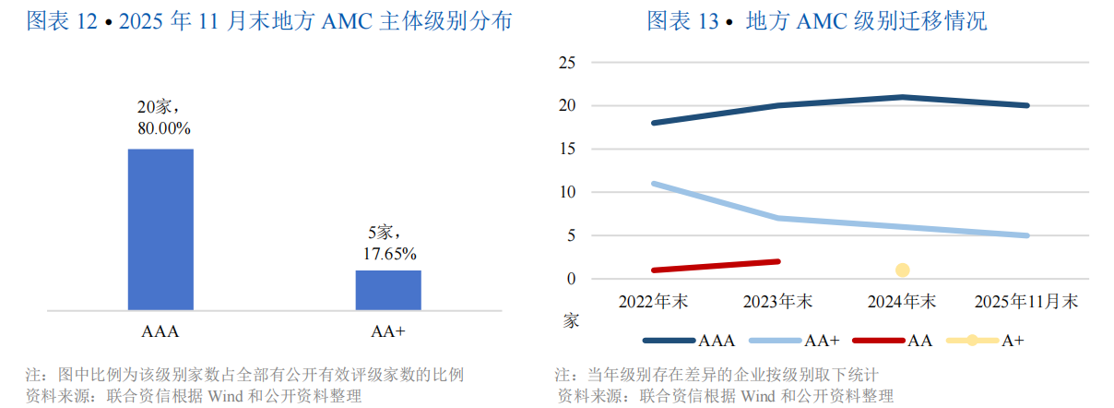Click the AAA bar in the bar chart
(160, 229)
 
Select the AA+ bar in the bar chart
(388, 290)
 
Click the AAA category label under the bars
(160, 330)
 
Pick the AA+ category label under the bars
(388, 330)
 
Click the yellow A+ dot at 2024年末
(902, 270)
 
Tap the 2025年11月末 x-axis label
(1027, 302)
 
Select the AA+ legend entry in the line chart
(794, 341)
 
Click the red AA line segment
(717, 266)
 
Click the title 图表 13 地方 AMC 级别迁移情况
(816, 20)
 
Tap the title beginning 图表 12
(269, 20)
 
